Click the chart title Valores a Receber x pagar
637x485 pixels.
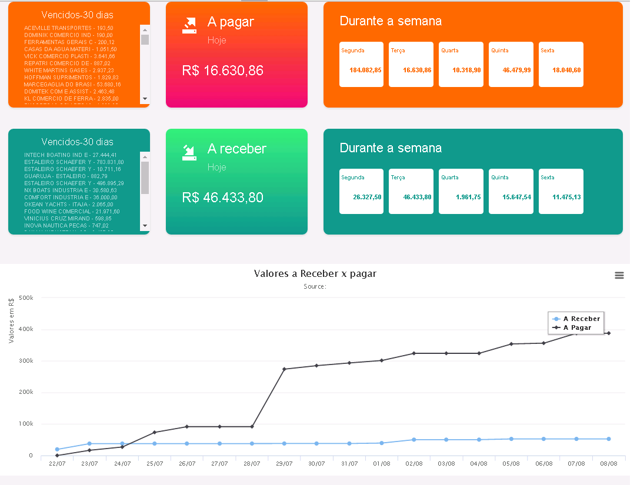[x=315, y=273]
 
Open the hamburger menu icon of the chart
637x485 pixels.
[x=619, y=275]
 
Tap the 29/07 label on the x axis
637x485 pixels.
[x=284, y=463]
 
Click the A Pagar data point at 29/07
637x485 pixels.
[x=284, y=369]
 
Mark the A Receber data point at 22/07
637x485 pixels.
[x=57, y=449]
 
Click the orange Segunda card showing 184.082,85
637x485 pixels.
[x=361, y=65]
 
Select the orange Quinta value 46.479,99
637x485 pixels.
[x=516, y=70]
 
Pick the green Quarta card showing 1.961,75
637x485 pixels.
[x=461, y=192]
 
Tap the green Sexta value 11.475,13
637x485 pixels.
[x=566, y=197]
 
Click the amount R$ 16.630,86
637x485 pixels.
[x=223, y=71]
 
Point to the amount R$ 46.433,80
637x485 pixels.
[x=223, y=198]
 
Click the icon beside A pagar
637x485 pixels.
[x=189, y=25]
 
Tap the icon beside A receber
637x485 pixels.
[x=189, y=152]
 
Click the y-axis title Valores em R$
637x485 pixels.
[x=12, y=320]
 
